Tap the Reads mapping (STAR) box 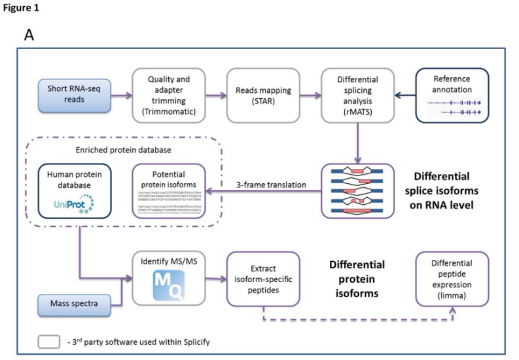point(259,95)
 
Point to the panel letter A point(29,35)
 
